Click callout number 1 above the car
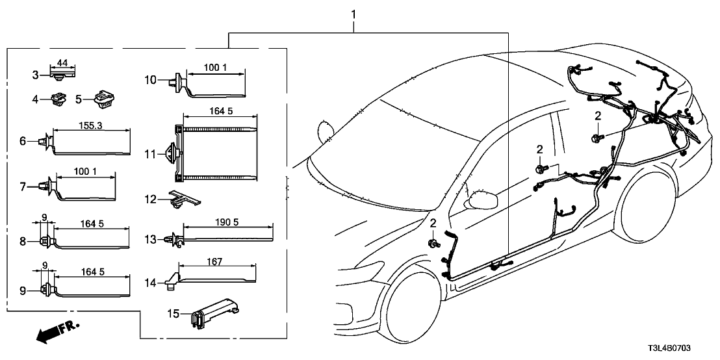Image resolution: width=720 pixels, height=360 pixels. point(354,13)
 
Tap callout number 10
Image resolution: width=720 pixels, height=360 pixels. point(150,81)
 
